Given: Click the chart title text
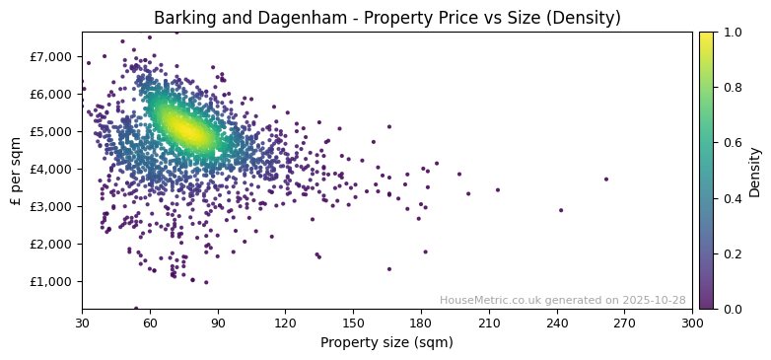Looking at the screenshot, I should [x=386, y=18].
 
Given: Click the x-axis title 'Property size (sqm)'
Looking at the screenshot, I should [x=386, y=343].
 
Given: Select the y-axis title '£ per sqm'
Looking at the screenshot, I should [x=16, y=170].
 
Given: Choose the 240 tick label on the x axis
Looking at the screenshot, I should [x=557, y=323].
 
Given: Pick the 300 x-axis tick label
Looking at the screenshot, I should [x=692, y=323].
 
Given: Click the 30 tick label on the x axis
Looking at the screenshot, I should [x=82, y=323].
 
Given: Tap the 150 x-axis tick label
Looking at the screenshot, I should [x=353, y=323].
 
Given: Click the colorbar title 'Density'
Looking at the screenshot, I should [x=755, y=171].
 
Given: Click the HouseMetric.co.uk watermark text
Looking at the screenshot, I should [x=562, y=300].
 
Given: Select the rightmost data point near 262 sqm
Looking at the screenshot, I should [x=605, y=180].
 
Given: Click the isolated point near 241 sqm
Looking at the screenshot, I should [x=561, y=210].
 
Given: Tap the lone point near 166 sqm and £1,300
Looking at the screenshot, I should [x=388, y=269].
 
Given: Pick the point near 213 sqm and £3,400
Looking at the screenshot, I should [x=497, y=190].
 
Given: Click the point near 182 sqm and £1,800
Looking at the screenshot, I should [x=426, y=252].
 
